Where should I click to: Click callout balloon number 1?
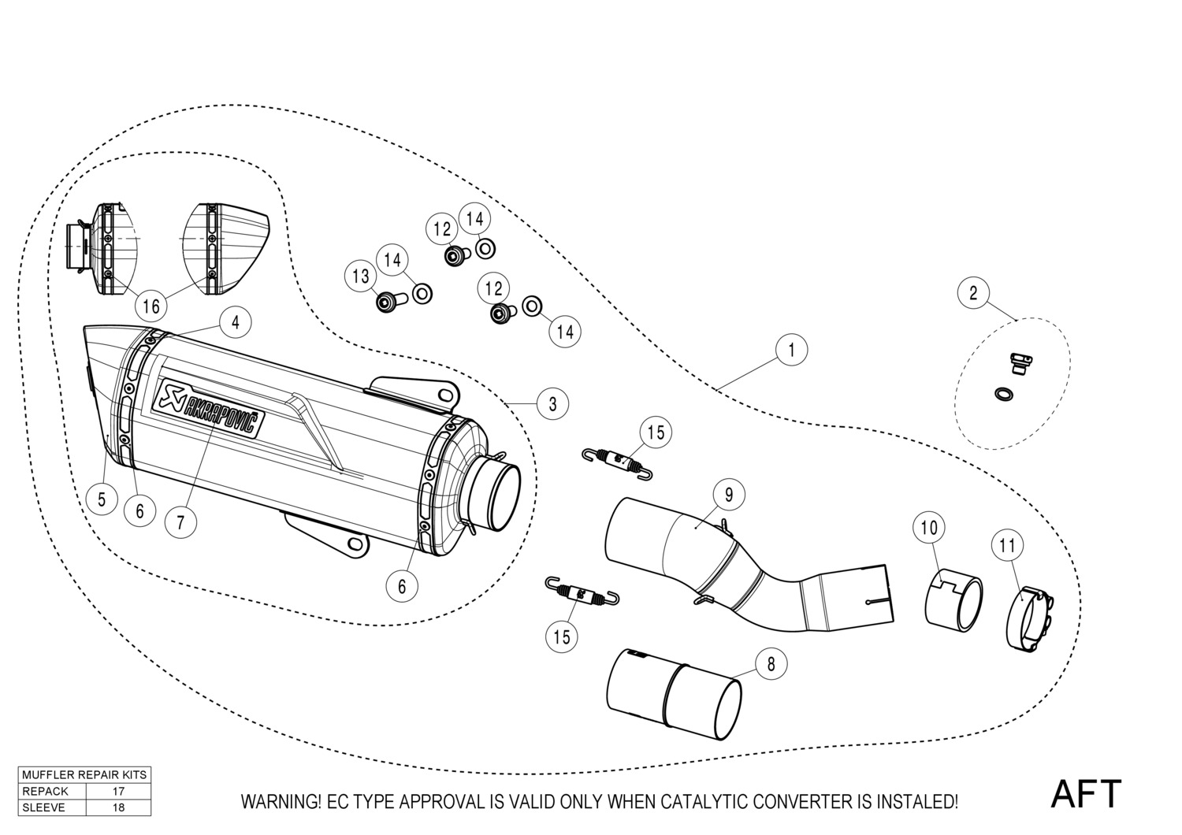pyautogui.click(x=792, y=349)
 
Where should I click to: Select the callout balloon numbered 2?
pyautogui.click(x=973, y=294)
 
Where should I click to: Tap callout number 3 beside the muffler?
pyautogui.click(x=553, y=404)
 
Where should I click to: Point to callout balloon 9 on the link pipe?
pyautogui.click(x=729, y=495)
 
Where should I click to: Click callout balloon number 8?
pyautogui.click(x=770, y=664)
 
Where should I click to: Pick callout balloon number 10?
pyautogui.click(x=930, y=528)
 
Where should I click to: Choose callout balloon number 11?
pyautogui.click(x=1007, y=545)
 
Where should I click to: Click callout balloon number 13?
pyautogui.click(x=361, y=276)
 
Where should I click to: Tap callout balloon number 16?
pyautogui.click(x=151, y=306)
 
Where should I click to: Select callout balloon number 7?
pyautogui.click(x=180, y=521)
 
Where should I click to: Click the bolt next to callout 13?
pyautogui.click(x=388, y=302)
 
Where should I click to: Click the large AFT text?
pyautogui.click(x=1086, y=794)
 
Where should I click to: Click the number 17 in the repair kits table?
pyautogui.click(x=118, y=791)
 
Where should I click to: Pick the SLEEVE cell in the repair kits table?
pyautogui.click(x=44, y=807)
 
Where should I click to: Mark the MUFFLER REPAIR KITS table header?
pyautogui.click(x=84, y=774)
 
